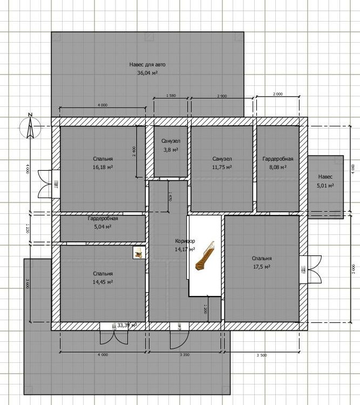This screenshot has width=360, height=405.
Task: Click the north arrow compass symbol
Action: coord(30,128)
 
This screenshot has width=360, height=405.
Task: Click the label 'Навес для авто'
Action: coord(147,64)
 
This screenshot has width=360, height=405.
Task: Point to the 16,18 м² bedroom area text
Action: coord(103,167)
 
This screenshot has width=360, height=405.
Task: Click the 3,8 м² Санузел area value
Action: coord(170,150)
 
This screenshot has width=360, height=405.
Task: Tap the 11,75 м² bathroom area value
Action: coord(222,167)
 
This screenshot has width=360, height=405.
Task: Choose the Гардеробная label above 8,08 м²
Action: coord(277,159)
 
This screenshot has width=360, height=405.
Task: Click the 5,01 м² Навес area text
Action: coord(325,185)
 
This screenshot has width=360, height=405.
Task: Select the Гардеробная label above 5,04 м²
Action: coord(103,219)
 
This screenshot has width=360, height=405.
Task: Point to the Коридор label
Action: coord(185,241)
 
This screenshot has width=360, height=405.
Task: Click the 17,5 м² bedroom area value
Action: coord(261,267)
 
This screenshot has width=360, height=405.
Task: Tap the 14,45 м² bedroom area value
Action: coord(103,282)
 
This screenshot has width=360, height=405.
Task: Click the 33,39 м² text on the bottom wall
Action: coord(127,326)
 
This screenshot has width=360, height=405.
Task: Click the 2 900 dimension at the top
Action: coord(222,96)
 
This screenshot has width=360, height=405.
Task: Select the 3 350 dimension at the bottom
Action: coord(185,355)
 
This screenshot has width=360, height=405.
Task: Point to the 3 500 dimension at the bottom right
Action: coord(261,355)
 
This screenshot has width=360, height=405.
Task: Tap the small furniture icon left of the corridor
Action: coord(139,252)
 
